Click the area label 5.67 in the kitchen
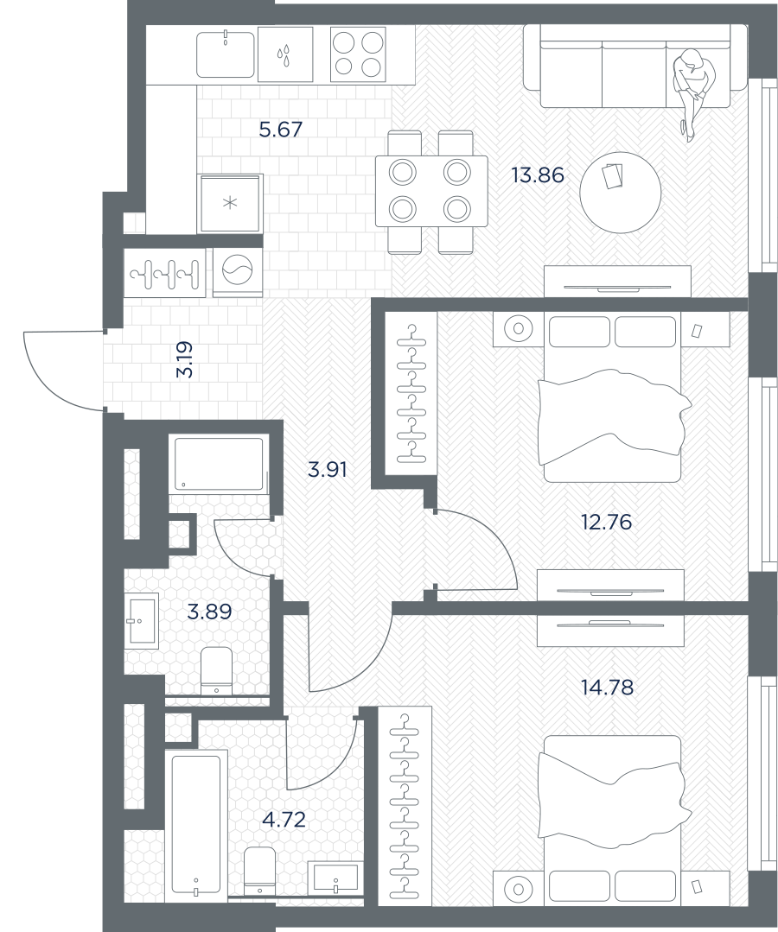pos(281,129)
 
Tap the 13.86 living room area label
pos(538,175)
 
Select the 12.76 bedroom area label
pos(606,522)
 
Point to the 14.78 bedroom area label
pos(608,688)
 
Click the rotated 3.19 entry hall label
pos(185,359)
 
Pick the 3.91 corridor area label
pos(327,470)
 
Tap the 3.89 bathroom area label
pos(209,611)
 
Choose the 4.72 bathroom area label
pos(284,820)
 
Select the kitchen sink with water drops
pos(285,54)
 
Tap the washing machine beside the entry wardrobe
pos(238,272)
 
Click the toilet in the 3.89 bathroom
pos(216,671)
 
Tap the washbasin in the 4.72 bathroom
pos(336,878)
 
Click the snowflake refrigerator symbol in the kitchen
pos(230,203)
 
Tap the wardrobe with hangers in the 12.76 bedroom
pos(411,393)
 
